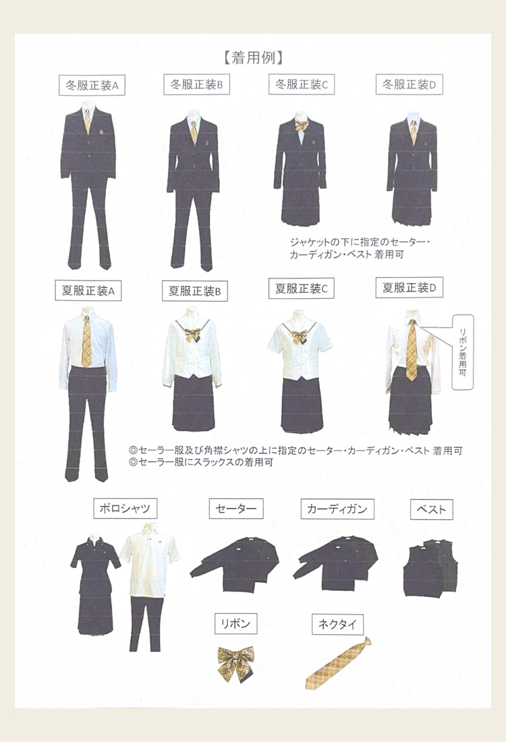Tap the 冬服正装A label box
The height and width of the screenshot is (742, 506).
coord(92,86)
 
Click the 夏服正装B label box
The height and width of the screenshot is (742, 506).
coord(195,291)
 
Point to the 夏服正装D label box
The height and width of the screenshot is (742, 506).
coord(410,288)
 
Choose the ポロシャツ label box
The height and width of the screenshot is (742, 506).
coord(125,509)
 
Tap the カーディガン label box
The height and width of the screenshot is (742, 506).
coord(337,509)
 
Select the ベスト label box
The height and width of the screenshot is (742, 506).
coord(432,509)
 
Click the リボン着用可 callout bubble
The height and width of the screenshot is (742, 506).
coord(462,353)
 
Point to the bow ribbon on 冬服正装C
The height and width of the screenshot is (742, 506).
coord(300,127)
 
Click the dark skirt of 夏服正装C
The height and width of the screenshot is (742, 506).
coord(302,405)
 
